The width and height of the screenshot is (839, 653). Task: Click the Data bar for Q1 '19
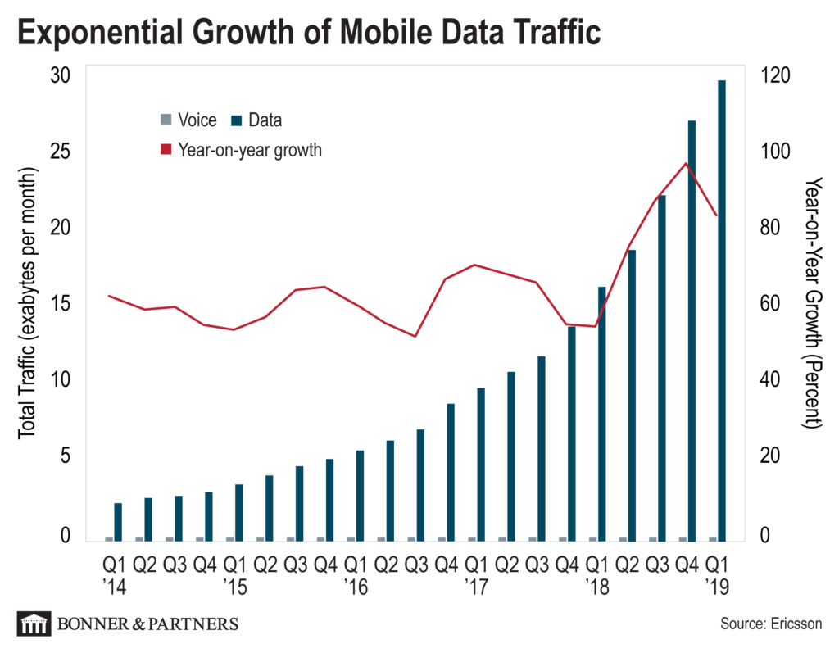[722, 311]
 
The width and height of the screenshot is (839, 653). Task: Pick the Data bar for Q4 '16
[451, 472]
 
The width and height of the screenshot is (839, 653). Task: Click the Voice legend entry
[188, 120]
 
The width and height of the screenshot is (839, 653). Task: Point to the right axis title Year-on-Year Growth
[812, 303]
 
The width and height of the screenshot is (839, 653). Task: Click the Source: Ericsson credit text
[771, 624]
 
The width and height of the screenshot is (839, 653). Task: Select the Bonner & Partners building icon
[33, 624]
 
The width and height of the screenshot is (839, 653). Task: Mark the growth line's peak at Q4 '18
[687, 163]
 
